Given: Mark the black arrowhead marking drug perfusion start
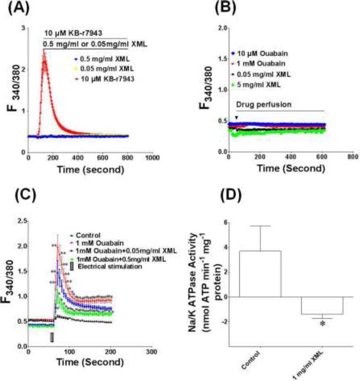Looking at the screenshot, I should point(236,118).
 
